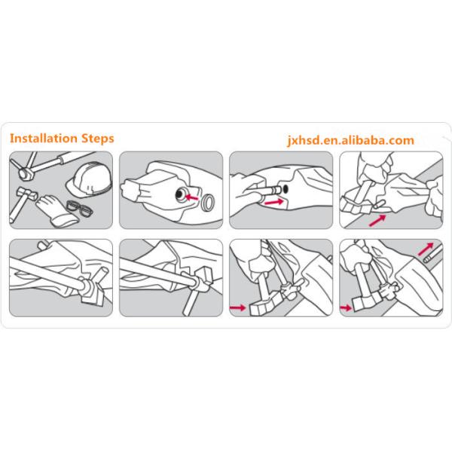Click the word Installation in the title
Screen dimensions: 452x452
coord(44,139)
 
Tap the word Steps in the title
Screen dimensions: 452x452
coord(98,139)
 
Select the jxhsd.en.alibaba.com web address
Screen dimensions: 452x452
coord(351,140)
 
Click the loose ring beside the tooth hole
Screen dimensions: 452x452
coord(208,203)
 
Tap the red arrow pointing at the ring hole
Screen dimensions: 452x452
coord(191,197)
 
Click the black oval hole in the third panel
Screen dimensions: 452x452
coord(286,189)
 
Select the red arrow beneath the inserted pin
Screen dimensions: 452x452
coord(274,202)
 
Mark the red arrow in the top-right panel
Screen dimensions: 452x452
coord(377,221)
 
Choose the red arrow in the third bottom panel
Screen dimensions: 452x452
coord(237,308)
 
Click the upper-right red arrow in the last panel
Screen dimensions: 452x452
coord(426,249)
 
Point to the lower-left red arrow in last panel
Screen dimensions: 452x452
coord(346,308)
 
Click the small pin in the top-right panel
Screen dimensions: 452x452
coord(379,204)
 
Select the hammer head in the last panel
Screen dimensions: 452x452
coord(365,304)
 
